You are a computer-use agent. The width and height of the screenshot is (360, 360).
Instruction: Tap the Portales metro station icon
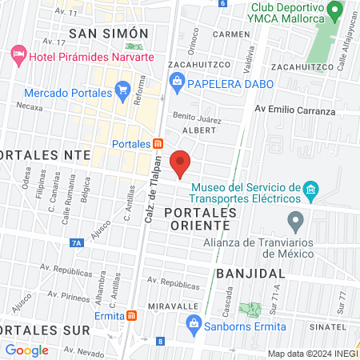[158, 144]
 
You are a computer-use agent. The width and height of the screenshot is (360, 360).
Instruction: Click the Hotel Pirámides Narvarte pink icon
[18, 56]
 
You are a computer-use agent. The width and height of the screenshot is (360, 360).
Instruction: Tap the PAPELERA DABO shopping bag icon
[177, 82]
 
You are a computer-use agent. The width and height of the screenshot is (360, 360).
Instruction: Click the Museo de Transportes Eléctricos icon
[311, 190]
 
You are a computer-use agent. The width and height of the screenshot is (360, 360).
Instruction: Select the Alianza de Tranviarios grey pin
[296, 219]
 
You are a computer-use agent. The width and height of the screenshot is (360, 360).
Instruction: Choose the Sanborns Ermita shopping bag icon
[193, 323]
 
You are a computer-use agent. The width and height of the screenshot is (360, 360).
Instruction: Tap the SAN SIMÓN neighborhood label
[109, 33]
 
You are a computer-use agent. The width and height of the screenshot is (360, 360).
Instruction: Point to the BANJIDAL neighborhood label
[246, 273]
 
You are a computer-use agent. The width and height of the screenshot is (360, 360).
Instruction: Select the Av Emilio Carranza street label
[294, 110]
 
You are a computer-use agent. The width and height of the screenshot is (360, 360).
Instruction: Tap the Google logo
[26, 350]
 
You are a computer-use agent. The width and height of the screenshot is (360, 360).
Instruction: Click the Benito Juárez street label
[196, 118]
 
